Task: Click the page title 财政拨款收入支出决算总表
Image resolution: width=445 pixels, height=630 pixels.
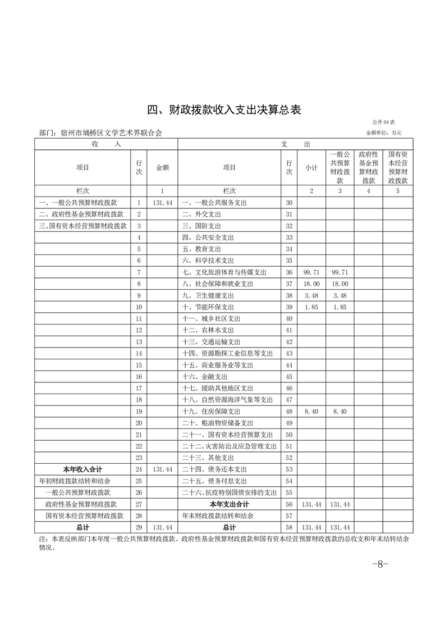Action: tap(224, 109)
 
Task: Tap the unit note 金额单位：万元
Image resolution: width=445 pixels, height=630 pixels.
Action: tap(384, 133)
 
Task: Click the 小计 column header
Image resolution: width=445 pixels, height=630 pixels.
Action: tap(311, 167)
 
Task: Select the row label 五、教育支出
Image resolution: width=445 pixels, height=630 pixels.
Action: tap(201, 249)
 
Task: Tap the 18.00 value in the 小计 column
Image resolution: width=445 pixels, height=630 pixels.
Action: tap(311, 284)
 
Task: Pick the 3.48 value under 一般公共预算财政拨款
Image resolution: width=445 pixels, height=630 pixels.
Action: tap(340, 295)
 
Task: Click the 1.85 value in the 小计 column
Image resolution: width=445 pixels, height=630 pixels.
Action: tap(311, 307)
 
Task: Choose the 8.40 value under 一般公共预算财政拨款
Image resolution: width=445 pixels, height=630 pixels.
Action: tap(340, 412)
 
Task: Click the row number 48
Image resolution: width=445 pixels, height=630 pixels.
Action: tap(289, 412)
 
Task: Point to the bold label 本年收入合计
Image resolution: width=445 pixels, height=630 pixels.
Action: tap(82, 469)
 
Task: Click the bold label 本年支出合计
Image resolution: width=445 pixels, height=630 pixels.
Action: tap(229, 504)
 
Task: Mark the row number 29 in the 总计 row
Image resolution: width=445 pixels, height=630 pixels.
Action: tap(139, 528)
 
